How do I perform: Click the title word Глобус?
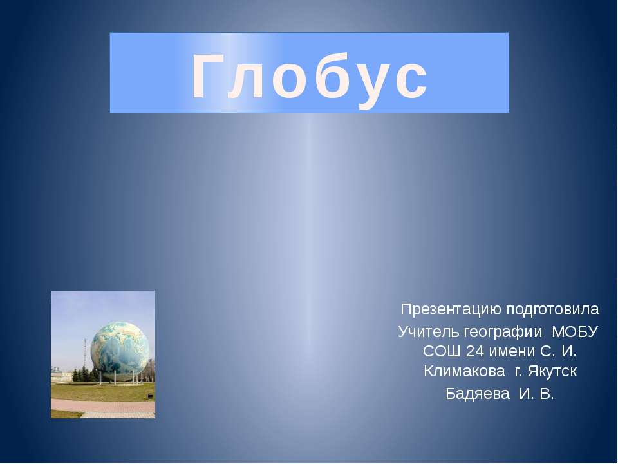309,76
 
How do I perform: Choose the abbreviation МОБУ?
576,332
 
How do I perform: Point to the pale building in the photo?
59,373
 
